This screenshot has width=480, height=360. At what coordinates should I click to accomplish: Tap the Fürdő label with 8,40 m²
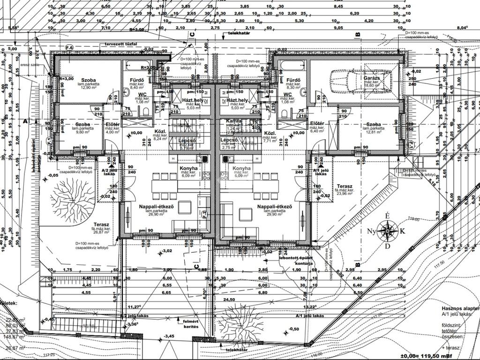pos(137,80)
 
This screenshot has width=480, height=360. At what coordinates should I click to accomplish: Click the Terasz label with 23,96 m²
pos(344,187)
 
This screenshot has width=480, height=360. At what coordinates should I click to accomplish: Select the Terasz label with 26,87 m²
pos(101,225)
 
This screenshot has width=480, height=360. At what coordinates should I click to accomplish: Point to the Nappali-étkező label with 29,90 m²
pos(275,207)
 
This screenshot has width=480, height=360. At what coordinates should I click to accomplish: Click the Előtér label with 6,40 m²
pos(317,123)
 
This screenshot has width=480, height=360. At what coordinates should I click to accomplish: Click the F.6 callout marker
pos(69,48)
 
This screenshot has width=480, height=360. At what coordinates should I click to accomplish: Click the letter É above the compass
pos(387,216)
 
